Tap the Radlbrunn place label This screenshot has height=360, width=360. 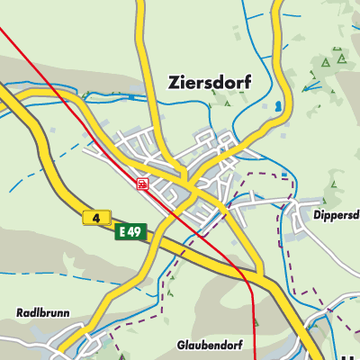click(41, 313)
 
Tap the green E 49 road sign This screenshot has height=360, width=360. click(130, 232)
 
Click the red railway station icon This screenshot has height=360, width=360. click(143, 184)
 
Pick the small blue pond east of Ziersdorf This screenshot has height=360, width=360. click(277, 105)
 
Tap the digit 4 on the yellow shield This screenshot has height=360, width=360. click(95, 217)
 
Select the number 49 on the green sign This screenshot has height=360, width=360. click(135, 232)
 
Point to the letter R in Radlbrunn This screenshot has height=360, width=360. click(20, 313)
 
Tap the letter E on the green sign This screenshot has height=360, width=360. click(123, 232)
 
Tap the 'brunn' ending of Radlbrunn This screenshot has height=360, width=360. click(51, 313)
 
